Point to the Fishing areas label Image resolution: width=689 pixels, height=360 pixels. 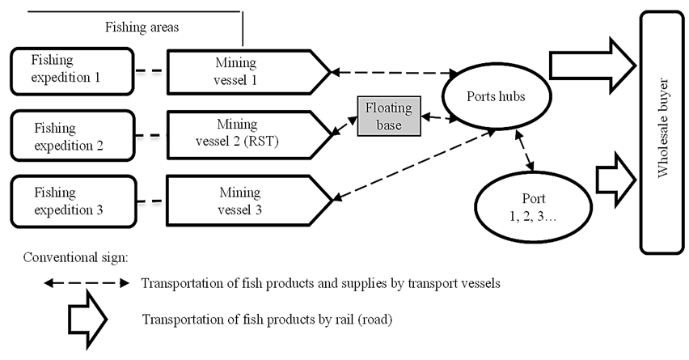(142, 27)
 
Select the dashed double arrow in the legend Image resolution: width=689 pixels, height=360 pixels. (84, 284)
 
